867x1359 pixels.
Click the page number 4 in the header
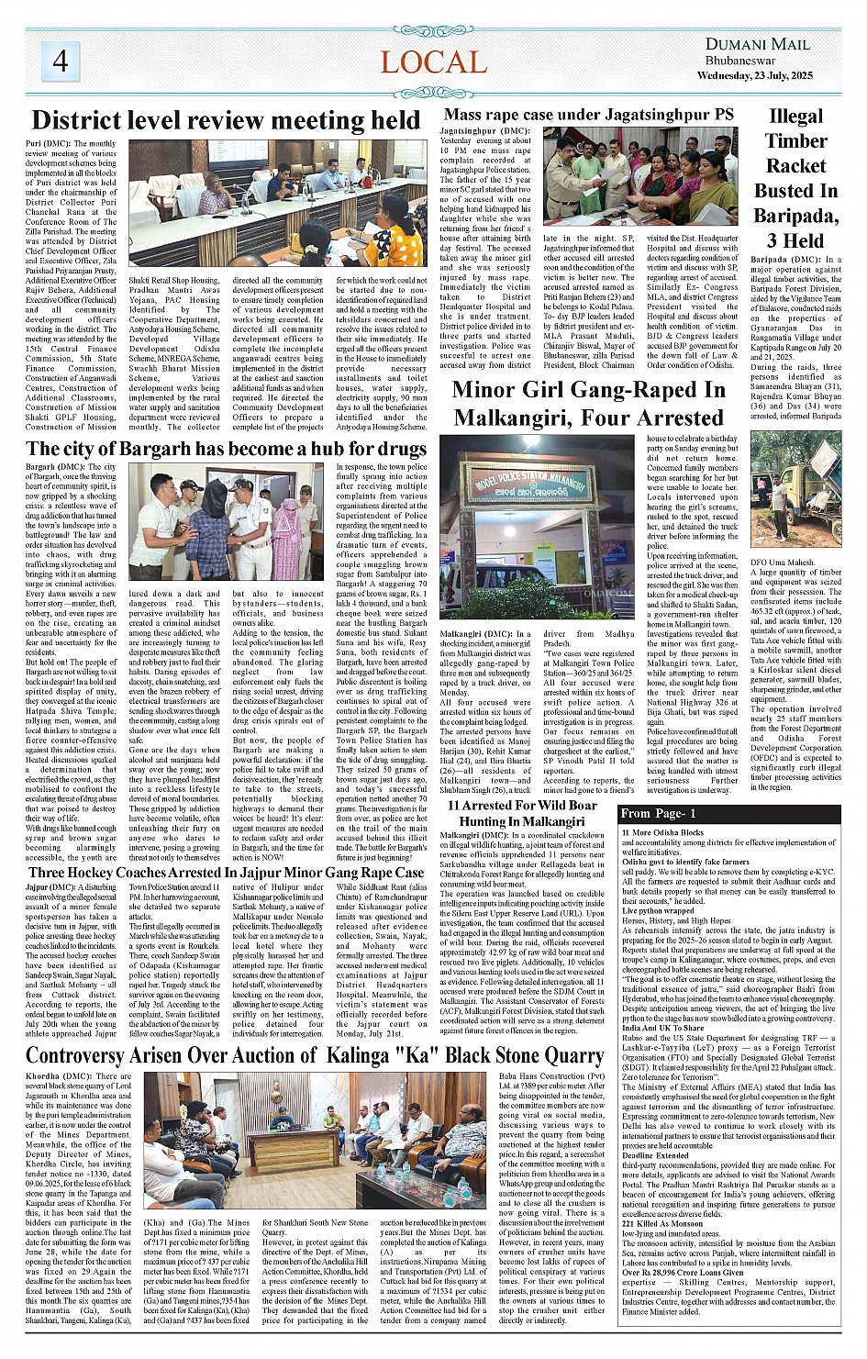coord(61,61)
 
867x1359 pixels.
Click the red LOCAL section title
coord(433,62)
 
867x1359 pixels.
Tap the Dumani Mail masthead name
coord(757,44)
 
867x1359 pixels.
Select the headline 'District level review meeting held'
coord(226,121)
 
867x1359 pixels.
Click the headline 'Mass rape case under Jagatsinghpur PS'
coord(588,115)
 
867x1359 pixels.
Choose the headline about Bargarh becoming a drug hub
coord(226,449)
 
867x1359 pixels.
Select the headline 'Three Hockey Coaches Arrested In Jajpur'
coord(226,873)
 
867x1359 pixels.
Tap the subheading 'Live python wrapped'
coord(658,912)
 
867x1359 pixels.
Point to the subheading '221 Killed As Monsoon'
coord(662,1224)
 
